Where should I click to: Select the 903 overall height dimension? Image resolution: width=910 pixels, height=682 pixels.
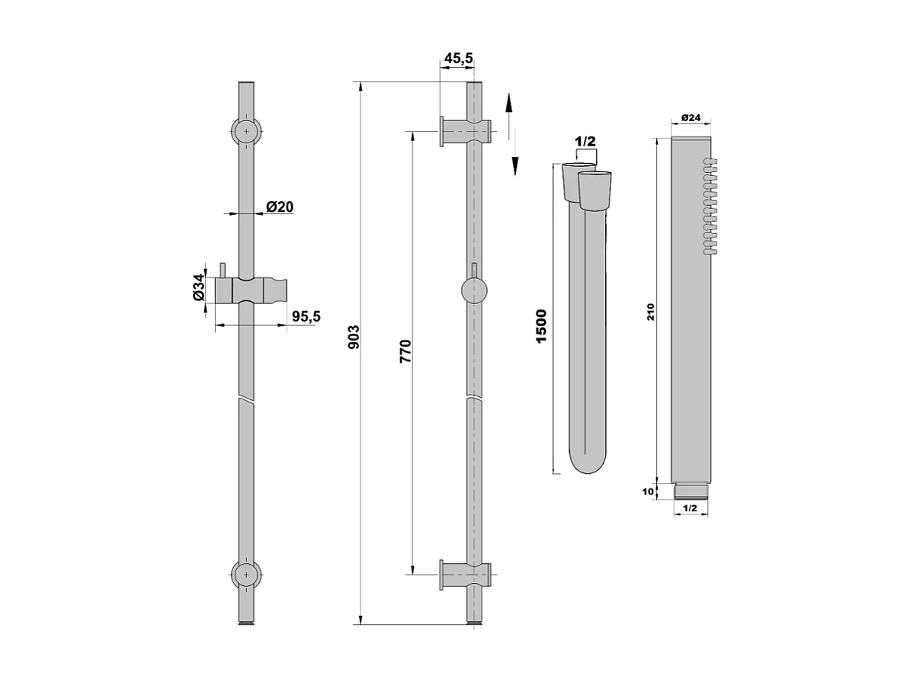pyautogui.click(x=354, y=338)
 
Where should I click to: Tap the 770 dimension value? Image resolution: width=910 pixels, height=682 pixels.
pyautogui.click(x=405, y=351)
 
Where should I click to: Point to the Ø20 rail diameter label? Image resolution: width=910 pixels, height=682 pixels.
pyautogui.click(x=280, y=206)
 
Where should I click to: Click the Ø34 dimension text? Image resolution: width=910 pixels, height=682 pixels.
pyautogui.click(x=198, y=287)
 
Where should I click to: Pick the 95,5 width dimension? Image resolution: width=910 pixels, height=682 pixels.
pyautogui.click(x=306, y=316)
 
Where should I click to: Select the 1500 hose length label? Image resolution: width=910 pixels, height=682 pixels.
pyautogui.click(x=541, y=326)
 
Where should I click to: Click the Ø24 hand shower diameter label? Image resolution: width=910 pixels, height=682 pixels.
pyautogui.click(x=691, y=117)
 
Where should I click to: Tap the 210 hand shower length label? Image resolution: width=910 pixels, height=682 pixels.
pyautogui.click(x=651, y=312)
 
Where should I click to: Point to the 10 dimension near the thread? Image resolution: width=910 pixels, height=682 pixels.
pyautogui.click(x=649, y=491)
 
